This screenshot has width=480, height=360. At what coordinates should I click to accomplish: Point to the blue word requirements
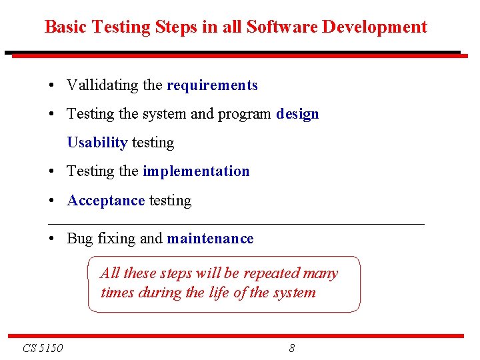[212, 85]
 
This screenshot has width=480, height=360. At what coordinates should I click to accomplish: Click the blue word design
[297, 114]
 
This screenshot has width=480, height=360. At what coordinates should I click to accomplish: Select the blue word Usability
[97, 143]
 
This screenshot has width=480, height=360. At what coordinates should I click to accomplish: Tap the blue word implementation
[196, 171]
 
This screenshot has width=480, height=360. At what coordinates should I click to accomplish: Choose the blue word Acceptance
[106, 201]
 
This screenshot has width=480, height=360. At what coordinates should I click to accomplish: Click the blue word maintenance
[210, 239]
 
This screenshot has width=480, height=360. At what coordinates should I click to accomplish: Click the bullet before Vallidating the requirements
[51, 86]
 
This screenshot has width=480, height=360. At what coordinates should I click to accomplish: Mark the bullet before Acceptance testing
[51, 201]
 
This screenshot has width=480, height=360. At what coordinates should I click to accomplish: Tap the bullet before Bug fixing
[51, 239]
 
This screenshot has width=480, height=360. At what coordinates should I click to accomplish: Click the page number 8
[292, 348]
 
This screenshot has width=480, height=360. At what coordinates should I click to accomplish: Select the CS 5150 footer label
[43, 348]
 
